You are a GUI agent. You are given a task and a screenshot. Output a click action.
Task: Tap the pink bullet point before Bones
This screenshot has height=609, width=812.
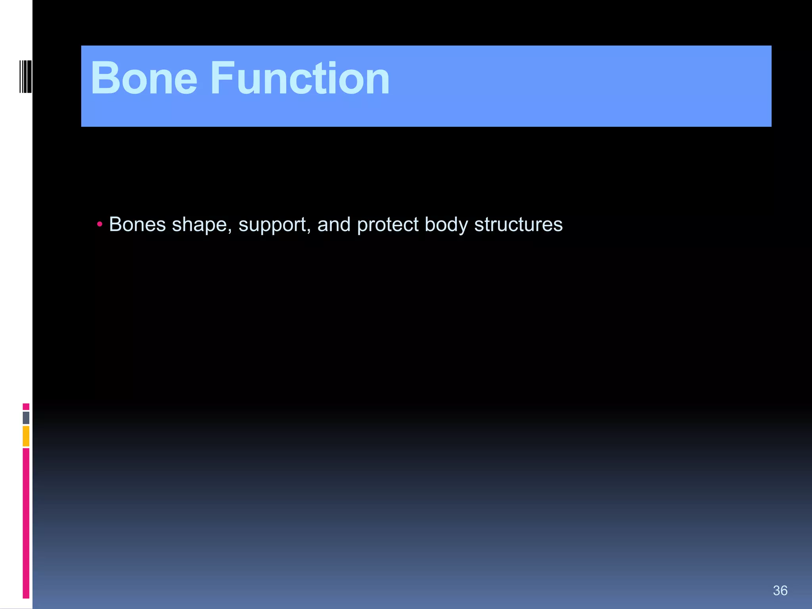coord(100,225)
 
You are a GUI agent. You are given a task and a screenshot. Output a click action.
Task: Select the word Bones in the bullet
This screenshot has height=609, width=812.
coord(137,224)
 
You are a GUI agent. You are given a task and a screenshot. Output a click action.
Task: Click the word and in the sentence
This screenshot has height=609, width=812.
coord(334,224)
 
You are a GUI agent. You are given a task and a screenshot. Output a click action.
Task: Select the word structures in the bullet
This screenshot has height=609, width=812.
coord(518,224)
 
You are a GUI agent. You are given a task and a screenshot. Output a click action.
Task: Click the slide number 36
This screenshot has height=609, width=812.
coord(780,590)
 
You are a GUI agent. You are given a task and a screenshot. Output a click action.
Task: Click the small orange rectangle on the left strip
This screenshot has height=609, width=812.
coord(26,436)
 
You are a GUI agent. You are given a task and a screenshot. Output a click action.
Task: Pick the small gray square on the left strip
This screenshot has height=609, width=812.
coord(26,417)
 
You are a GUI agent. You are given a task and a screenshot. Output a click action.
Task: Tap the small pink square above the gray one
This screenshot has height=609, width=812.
coord(26,406)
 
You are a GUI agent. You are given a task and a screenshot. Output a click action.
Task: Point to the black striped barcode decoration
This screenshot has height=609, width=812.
coord(25,76)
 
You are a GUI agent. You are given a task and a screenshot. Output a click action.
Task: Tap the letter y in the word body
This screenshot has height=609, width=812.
coord(463,227)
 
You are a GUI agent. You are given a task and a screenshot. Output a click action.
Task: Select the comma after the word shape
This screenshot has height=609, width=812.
coord(230,231)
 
